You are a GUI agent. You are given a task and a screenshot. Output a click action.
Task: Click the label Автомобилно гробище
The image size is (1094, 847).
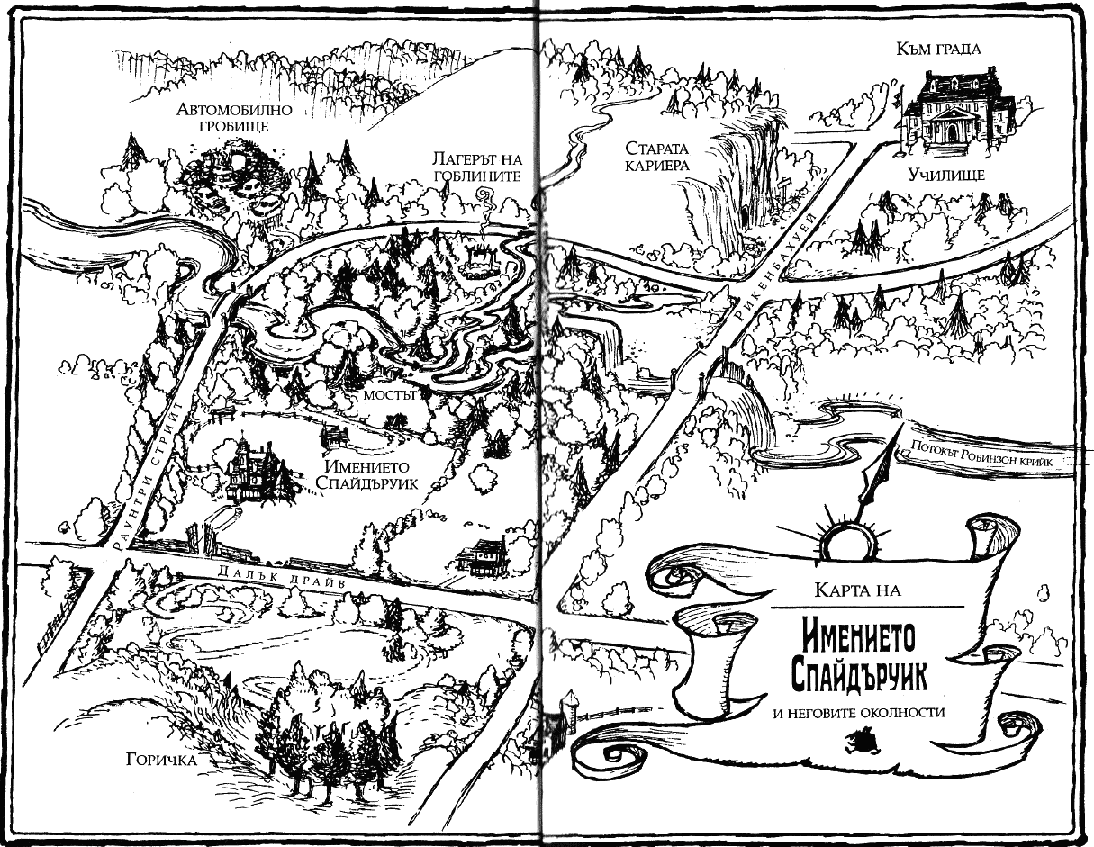click(234, 117)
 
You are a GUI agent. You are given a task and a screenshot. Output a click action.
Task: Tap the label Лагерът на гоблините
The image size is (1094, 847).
click(477, 167)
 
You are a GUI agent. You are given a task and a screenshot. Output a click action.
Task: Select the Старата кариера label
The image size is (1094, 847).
click(657, 157)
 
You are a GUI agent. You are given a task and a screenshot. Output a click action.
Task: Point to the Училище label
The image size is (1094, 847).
click(946, 175)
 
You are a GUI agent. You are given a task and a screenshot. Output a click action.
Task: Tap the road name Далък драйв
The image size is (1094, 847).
click(276, 576)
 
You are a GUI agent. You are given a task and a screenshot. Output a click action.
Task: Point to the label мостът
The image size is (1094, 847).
click(390, 394)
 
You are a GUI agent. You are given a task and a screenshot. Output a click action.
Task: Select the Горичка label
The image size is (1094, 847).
click(161, 760)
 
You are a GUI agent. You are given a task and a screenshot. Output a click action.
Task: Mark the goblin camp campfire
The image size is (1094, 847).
click(479, 262)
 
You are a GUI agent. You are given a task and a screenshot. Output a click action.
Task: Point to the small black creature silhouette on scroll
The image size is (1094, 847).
click(859, 743)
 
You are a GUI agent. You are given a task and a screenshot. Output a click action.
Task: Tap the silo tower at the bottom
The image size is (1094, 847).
click(568, 708)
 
